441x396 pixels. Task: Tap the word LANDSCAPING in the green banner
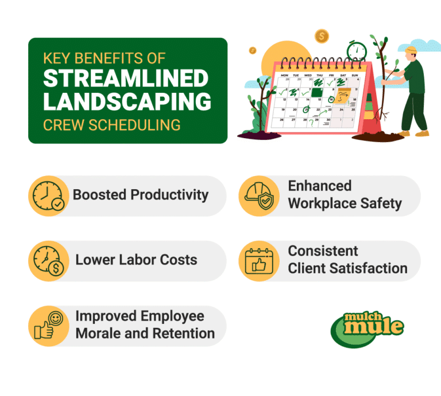pos(127,102)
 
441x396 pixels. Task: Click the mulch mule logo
pos(367,328)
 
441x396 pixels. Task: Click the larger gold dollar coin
pos(322,36)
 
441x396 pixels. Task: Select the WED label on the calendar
pos(308,75)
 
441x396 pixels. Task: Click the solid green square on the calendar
pos(315,91)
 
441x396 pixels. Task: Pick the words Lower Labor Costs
pos(136,260)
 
